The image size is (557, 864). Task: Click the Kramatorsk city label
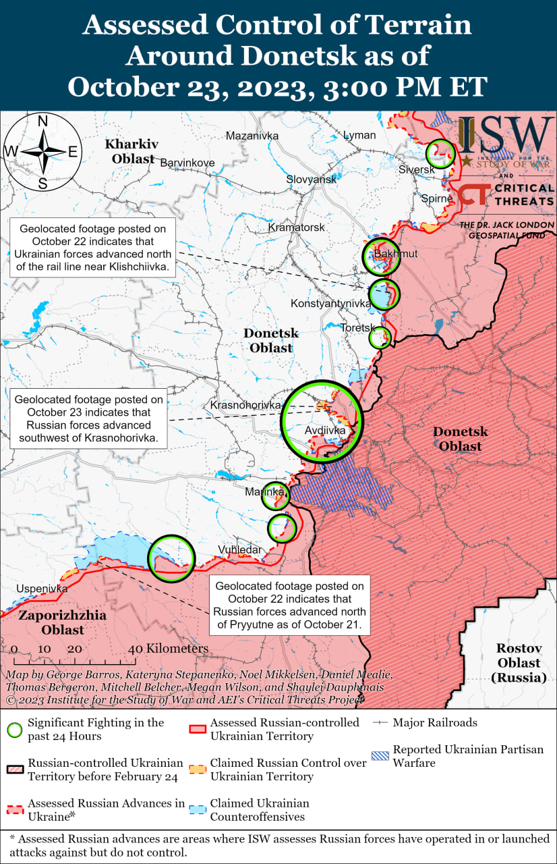(x=297, y=227)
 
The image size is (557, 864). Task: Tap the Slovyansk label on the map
(x=311, y=180)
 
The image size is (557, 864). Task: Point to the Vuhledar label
(x=239, y=549)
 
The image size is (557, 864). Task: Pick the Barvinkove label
(x=187, y=163)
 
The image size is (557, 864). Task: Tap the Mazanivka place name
(x=252, y=136)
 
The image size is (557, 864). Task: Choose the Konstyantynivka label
(x=330, y=304)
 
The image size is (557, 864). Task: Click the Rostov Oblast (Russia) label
(x=519, y=662)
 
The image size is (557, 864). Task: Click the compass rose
(x=42, y=153)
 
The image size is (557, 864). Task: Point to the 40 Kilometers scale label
(x=169, y=648)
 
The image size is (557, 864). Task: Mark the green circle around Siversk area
(x=442, y=154)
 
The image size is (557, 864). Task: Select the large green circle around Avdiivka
(x=322, y=421)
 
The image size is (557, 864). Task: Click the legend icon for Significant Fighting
(x=14, y=730)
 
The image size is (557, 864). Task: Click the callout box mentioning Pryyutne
(x=290, y=605)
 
